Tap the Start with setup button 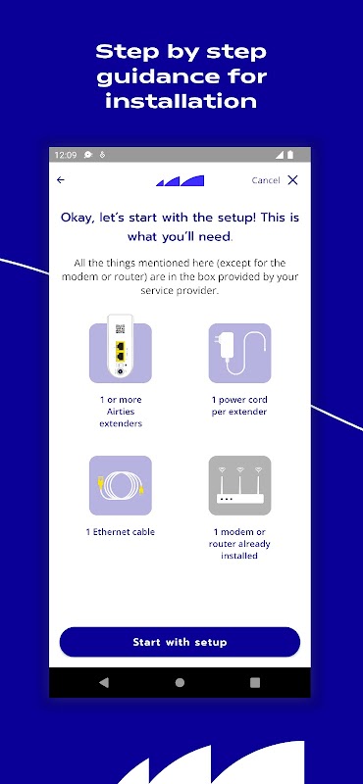coord(180,642)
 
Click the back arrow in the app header coord(61,180)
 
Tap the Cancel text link coord(266,180)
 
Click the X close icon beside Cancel coord(293,180)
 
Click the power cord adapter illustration coord(239,353)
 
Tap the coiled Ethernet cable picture coord(120,485)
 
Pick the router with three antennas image coord(239,485)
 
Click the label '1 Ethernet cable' coord(120,532)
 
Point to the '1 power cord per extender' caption coord(239,406)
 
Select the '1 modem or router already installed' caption coord(239,544)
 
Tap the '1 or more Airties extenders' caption coord(120,412)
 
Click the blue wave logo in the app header coord(180,180)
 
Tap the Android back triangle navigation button coord(104,682)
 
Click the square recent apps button coord(255,682)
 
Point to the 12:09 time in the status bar coord(66,155)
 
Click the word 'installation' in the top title coord(181,102)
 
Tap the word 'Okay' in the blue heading coord(78,218)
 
